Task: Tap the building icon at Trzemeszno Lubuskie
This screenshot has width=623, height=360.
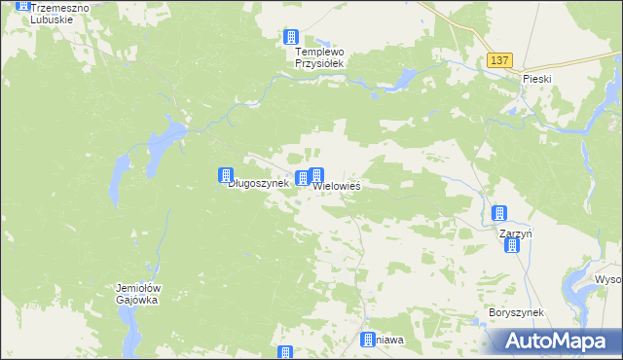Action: point(22,4)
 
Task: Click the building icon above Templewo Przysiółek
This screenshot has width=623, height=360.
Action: point(290,37)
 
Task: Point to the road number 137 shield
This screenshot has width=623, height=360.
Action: point(499,60)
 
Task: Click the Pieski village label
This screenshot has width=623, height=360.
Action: point(536,78)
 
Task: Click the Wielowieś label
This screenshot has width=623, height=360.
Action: point(337,185)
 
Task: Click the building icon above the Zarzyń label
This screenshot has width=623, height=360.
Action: point(499,214)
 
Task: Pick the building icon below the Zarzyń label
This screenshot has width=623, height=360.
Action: point(512,246)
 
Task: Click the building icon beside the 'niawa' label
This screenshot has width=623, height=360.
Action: point(368,340)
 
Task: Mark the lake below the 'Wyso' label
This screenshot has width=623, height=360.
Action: point(611,311)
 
